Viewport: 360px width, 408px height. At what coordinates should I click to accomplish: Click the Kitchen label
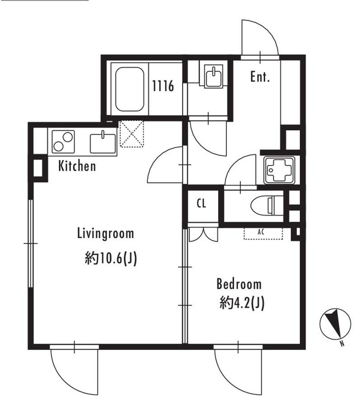[77, 166]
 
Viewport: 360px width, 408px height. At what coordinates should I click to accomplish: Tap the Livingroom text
[105, 234]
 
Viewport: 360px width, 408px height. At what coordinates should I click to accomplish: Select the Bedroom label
[239, 284]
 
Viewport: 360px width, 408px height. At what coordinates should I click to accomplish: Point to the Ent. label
[260, 77]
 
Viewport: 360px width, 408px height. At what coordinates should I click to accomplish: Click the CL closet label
[202, 204]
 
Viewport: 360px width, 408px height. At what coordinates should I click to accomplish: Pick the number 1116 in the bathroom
[163, 86]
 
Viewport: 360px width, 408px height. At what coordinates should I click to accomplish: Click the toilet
[267, 205]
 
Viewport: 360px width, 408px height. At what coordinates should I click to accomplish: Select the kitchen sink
[103, 143]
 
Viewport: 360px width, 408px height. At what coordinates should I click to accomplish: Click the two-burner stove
[63, 142]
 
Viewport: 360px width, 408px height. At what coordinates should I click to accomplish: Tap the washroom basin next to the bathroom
[214, 76]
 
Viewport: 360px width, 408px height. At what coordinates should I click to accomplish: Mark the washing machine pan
[279, 170]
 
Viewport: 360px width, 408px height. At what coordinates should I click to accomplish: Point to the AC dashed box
[263, 234]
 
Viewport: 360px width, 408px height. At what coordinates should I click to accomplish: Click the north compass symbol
[335, 325]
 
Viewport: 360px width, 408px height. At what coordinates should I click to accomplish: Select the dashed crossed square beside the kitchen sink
[131, 134]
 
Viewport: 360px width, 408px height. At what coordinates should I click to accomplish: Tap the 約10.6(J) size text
[110, 258]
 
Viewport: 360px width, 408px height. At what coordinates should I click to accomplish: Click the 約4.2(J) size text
[242, 303]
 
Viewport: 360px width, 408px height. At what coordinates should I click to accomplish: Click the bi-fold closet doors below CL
[203, 235]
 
